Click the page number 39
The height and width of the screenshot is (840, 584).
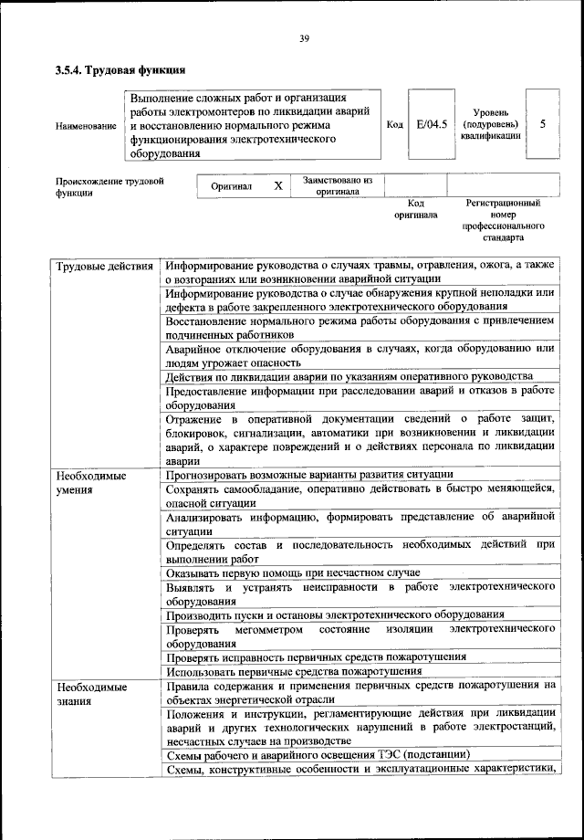tap(305, 37)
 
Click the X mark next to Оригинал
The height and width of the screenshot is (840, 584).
tap(278, 185)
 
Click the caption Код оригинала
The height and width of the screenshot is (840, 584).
tap(415, 209)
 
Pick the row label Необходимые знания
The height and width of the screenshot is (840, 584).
tap(90, 693)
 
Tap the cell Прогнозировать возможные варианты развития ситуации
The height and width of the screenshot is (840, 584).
tap(309, 474)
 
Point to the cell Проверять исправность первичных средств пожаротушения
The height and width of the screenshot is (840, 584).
tap(316, 656)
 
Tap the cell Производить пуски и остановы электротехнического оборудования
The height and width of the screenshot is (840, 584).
tap(335, 614)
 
